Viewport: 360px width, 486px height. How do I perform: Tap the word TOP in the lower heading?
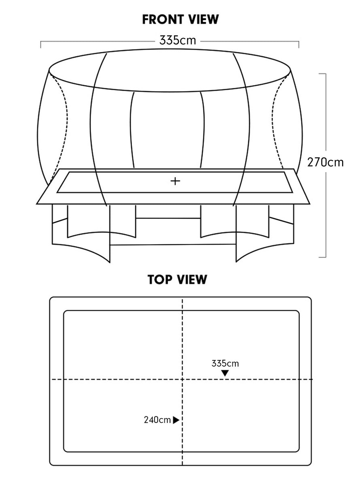coord(160,279)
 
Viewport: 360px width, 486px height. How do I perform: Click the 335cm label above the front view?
coord(177,40)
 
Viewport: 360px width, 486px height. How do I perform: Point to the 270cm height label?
coord(325,162)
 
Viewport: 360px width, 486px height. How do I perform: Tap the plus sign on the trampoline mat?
coord(175,181)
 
